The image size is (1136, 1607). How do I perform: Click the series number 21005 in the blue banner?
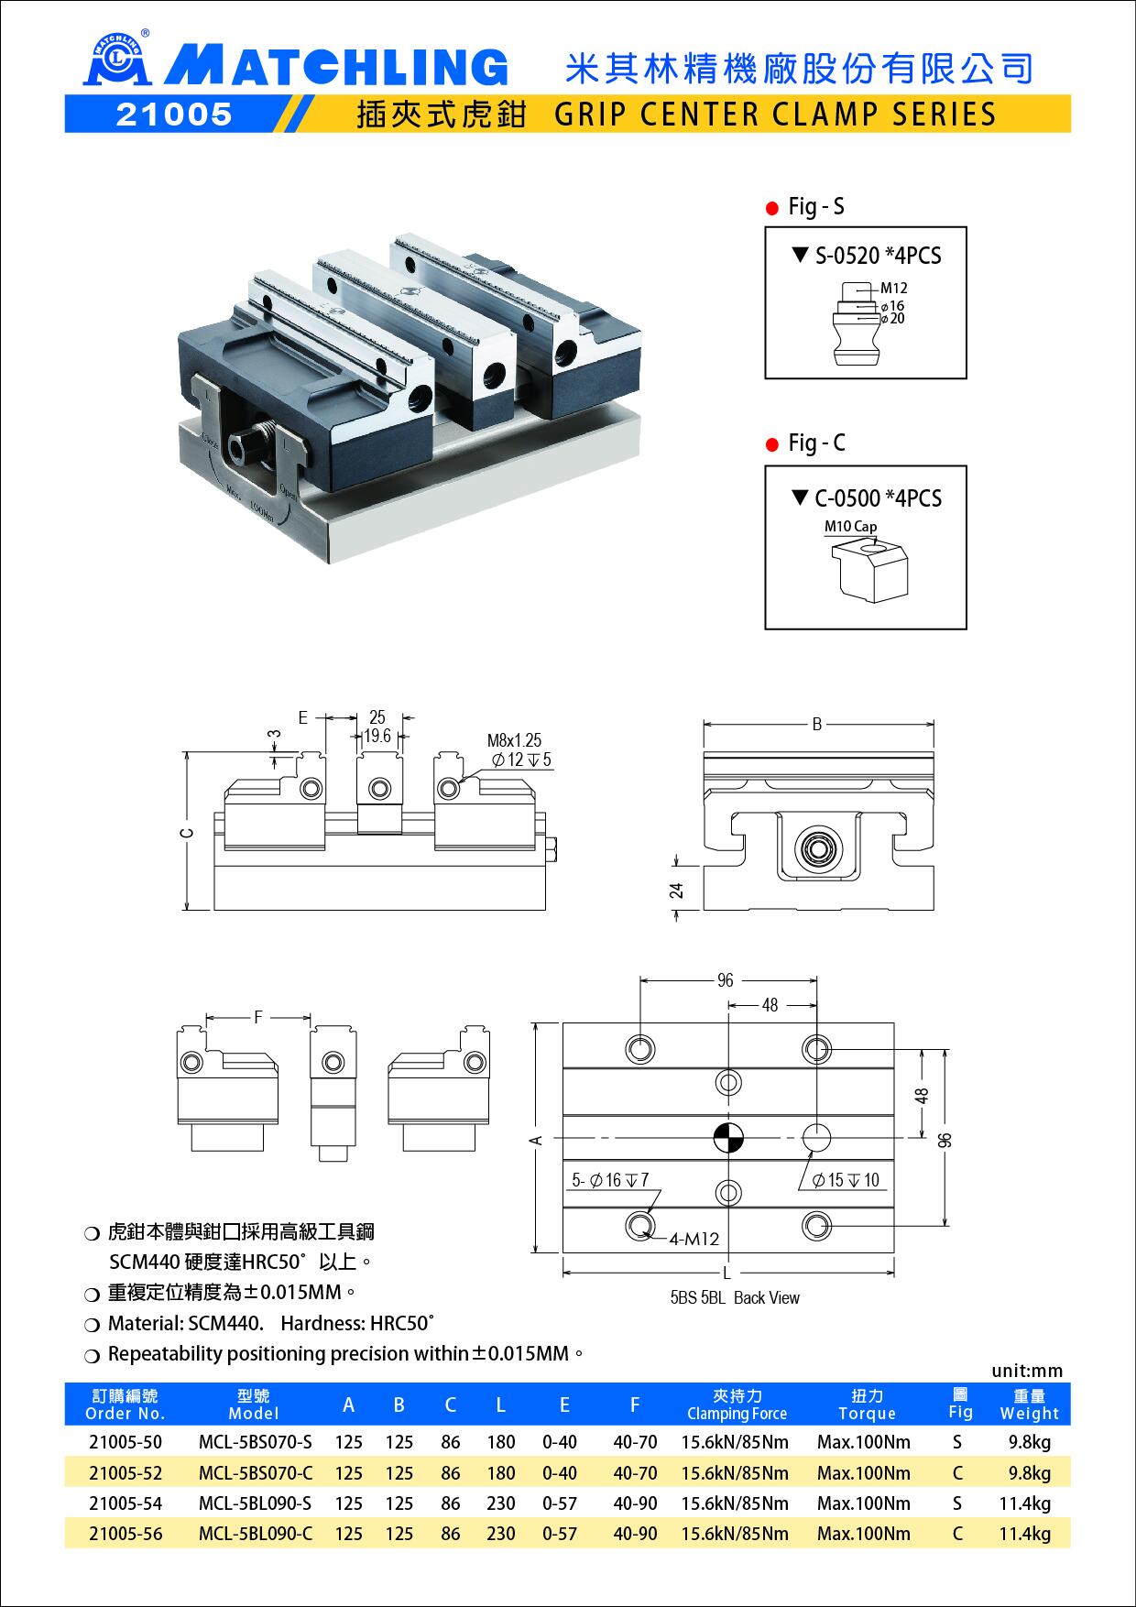point(174,114)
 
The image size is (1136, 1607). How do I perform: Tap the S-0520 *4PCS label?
point(867,256)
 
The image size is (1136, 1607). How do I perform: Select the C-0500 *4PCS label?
point(867,498)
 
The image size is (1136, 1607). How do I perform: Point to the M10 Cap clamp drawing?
point(869,570)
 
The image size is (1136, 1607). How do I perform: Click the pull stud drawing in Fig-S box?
point(854,322)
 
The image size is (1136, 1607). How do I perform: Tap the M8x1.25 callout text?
point(514,740)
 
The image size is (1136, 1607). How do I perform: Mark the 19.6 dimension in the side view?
point(377,737)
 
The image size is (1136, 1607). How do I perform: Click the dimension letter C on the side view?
point(187,833)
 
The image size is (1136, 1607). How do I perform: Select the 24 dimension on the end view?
point(677,890)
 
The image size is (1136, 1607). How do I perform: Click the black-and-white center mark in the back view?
point(728,1138)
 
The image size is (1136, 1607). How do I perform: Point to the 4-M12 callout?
point(694,1240)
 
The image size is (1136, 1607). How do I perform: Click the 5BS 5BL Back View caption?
point(735,1297)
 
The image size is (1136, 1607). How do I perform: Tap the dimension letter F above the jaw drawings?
point(258,1017)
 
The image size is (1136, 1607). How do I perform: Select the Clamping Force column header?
point(737,1405)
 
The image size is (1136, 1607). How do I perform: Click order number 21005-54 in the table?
point(126,1503)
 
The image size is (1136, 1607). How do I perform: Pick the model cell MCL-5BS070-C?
point(255,1473)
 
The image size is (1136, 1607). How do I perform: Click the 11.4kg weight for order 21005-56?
point(1025,1534)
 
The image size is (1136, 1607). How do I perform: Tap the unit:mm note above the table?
point(1027,1371)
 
